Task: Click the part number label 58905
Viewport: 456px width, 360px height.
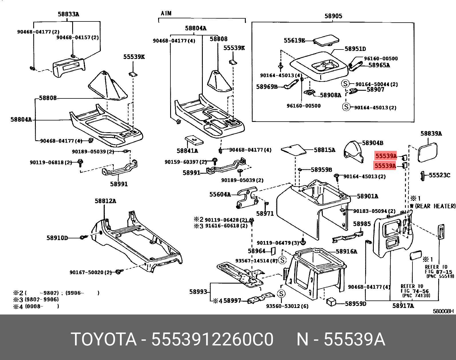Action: tap(333, 16)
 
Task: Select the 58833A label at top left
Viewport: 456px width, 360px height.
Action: tap(68, 14)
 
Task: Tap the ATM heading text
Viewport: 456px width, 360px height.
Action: tap(166, 13)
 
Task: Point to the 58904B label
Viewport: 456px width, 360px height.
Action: tap(373, 143)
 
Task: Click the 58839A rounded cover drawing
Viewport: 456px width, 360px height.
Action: tap(428, 153)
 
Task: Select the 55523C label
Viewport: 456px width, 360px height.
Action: tap(439, 175)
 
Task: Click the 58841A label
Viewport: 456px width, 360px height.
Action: tap(187, 151)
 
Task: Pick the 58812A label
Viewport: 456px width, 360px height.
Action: tap(105, 201)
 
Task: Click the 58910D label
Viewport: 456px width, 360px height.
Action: tap(57, 238)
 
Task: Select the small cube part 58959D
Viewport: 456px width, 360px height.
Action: tap(331, 302)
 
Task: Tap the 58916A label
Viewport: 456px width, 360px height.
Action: tap(346, 252)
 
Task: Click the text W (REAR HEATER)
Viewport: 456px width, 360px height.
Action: tap(432, 206)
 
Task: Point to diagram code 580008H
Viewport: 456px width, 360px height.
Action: tap(443, 311)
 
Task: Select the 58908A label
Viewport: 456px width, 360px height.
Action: tap(330, 95)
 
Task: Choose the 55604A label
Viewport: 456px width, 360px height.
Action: tap(220, 195)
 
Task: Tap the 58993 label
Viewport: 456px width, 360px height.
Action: tap(198, 292)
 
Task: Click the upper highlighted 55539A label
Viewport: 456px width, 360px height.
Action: tap(386, 156)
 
